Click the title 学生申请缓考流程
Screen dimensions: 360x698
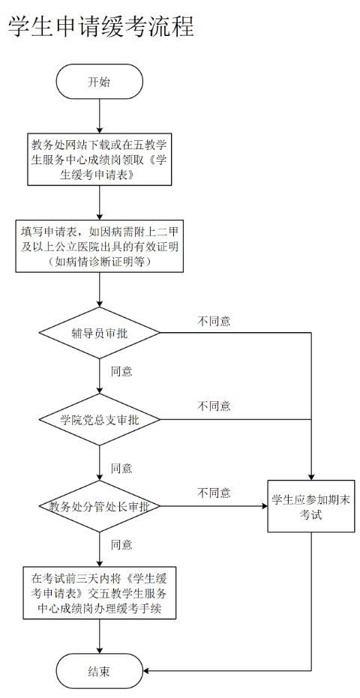coord(100,27)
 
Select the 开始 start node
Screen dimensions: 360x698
coord(99,82)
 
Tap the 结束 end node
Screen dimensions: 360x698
coord(99,671)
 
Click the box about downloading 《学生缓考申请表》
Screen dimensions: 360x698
coord(99,160)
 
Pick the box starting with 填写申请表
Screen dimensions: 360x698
coord(99,246)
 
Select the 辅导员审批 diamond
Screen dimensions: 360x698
coord(99,333)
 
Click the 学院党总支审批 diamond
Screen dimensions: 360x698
coord(99,419)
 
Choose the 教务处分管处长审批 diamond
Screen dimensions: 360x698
coord(99,506)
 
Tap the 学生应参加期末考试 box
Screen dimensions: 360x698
coord(311,506)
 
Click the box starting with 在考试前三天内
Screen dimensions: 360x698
coord(99,592)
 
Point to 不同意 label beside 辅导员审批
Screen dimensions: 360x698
coord(214,321)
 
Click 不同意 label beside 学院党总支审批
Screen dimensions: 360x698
coord(214,406)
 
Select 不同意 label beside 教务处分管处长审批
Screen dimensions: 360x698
coord(214,493)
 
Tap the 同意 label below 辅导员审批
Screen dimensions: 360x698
coord(121,371)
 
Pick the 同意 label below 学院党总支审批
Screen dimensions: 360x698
coord(121,468)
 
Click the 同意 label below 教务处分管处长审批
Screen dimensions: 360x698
coord(121,544)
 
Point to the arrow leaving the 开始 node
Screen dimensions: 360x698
coord(99,116)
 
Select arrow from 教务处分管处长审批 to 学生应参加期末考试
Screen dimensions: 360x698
coord(214,506)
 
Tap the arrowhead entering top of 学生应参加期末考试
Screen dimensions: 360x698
coord(311,477)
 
